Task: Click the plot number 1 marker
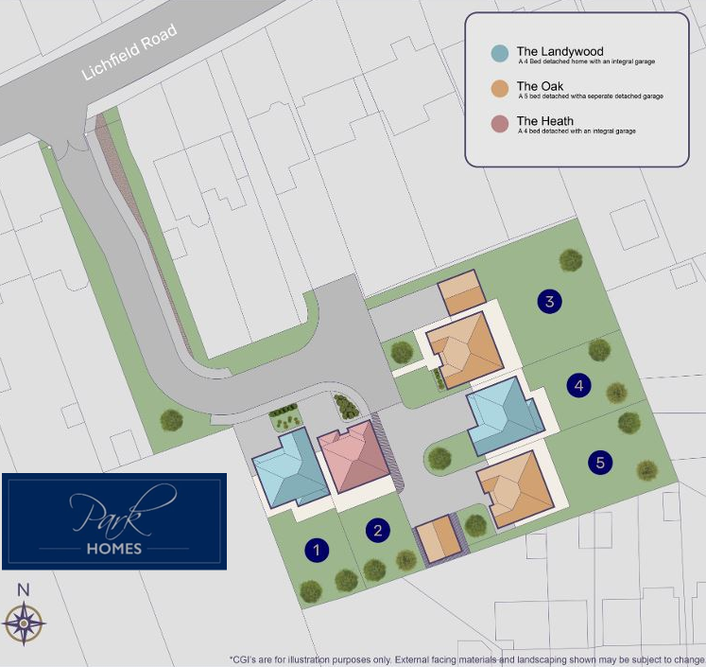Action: [318, 550]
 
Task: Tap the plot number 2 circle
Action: [378, 531]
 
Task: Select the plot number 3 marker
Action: [549, 302]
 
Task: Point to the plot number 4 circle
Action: [579, 385]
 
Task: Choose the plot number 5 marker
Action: [600, 463]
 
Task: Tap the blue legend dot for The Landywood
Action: [499, 53]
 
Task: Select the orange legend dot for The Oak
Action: [499, 89]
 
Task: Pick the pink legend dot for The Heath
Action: [499, 123]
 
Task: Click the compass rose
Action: [25, 623]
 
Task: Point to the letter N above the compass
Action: [24, 590]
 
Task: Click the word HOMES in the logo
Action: [114, 549]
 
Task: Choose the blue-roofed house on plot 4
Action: [503, 415]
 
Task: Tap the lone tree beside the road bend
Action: [172, 420]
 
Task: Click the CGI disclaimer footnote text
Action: [467, 658]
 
